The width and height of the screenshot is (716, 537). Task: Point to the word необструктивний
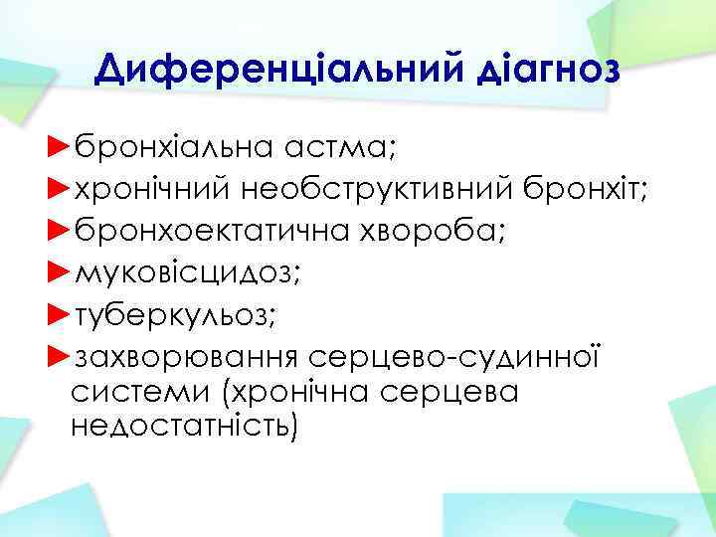pos(389,190)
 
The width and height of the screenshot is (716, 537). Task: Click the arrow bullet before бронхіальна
pos(59,149)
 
